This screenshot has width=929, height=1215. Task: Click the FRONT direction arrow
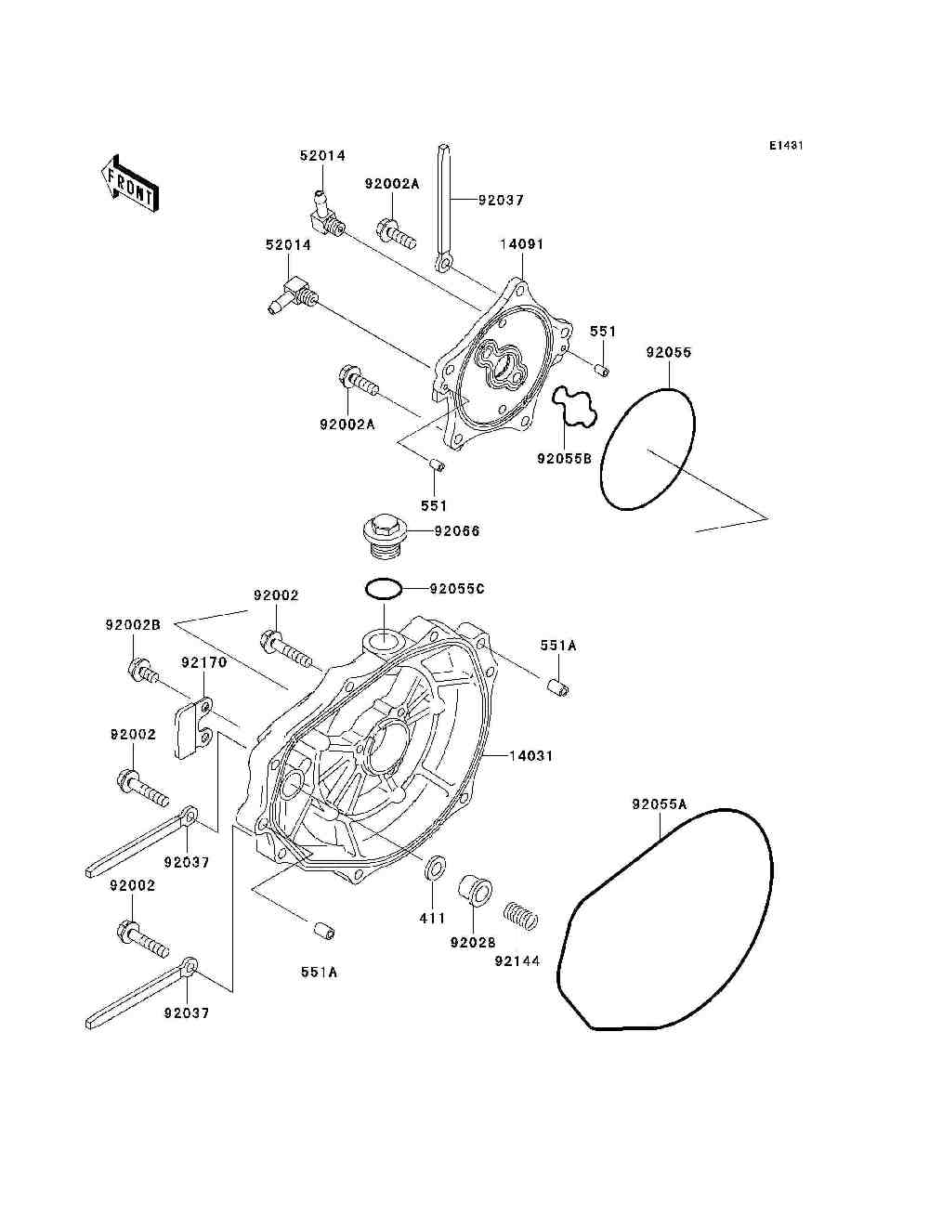130,183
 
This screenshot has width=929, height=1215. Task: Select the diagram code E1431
786,146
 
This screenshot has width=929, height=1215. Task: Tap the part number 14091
522,244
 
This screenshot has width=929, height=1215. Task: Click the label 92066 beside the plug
457,531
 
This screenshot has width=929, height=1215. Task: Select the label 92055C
457,589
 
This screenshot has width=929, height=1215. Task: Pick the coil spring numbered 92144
520,916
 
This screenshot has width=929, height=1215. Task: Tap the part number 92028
473,942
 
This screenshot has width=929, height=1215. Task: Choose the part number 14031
531,755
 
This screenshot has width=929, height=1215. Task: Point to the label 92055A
660,804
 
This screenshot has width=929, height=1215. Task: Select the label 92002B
133,625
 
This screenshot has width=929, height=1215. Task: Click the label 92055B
564,458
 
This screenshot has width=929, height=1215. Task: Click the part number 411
432,918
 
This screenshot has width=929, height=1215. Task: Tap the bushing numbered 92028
476,891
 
